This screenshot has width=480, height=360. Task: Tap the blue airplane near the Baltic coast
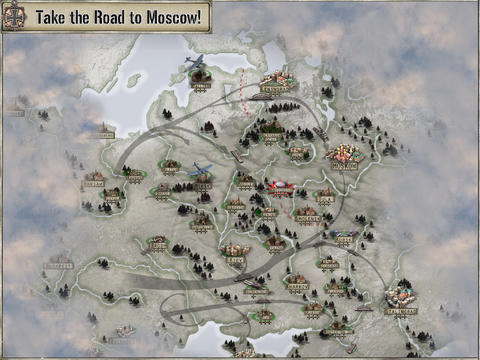point(194,62)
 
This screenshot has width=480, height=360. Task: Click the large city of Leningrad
point(278,80)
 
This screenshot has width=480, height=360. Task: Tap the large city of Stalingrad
point(403,294)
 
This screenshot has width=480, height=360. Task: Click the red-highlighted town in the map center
point(279,186)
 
